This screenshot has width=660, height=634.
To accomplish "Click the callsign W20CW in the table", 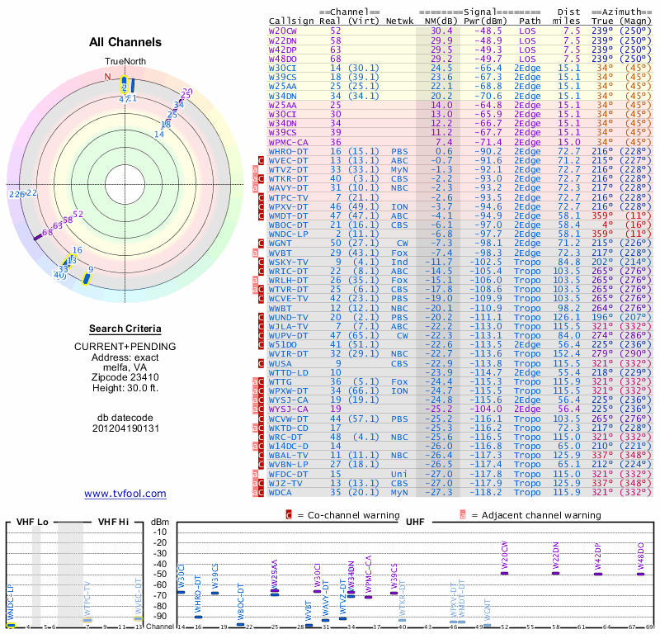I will point(283,31).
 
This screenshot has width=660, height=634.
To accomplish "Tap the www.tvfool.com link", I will point(125,494).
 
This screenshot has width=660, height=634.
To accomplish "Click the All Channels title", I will point(125,43).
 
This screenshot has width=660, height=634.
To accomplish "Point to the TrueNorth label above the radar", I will point(125,62).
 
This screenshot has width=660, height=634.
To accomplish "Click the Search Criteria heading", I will point(125,329).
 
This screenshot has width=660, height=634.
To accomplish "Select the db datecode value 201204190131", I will point(125,428).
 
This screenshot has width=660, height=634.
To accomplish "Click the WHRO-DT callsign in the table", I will point(287,152).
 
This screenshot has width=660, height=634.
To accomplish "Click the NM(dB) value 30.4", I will point(441,31).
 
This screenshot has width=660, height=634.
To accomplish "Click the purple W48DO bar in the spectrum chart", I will point(641,573).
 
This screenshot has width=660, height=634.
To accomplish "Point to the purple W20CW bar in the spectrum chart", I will point(504,573).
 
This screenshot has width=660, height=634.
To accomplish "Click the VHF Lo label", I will point(31,522).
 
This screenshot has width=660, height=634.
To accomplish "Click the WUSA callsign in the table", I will point(280,363).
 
